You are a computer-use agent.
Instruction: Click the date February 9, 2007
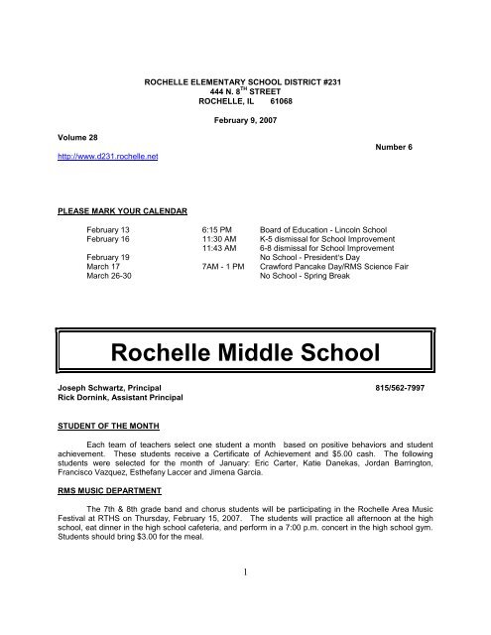229,121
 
